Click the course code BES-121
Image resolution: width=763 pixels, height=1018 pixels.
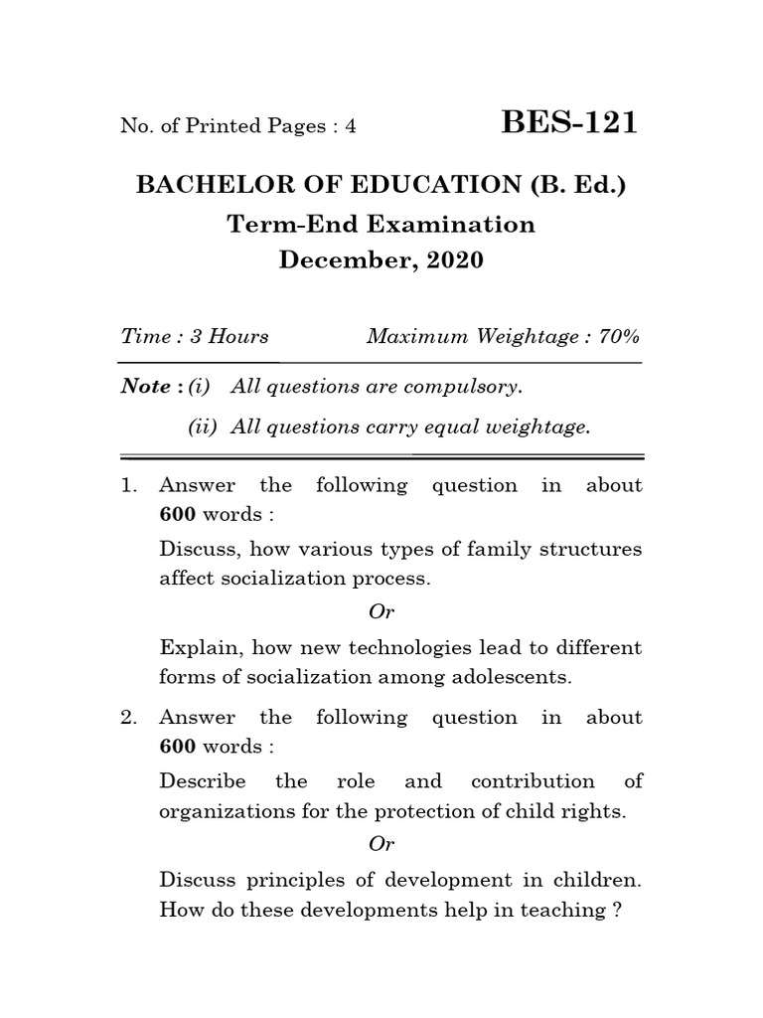coord(569,123)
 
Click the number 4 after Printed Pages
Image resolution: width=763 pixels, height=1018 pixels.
coord(322,126)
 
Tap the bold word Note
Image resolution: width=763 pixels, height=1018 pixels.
coord(145,387)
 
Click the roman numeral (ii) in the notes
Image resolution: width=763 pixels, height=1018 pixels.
coord(204,427)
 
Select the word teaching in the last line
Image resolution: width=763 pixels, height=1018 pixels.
coord(559,910)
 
